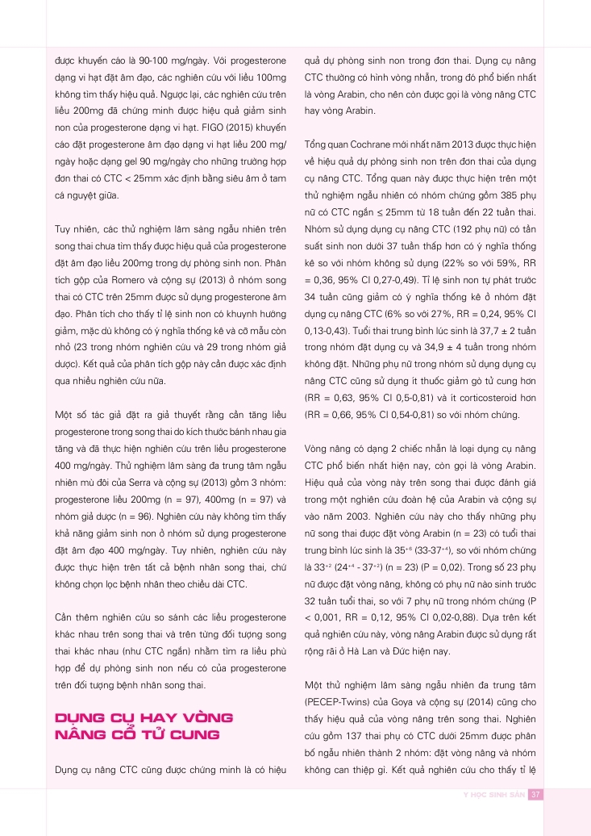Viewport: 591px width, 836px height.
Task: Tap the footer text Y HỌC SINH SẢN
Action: [x=493, y=794]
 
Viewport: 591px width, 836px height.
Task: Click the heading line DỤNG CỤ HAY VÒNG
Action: [x=143, y=717]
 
